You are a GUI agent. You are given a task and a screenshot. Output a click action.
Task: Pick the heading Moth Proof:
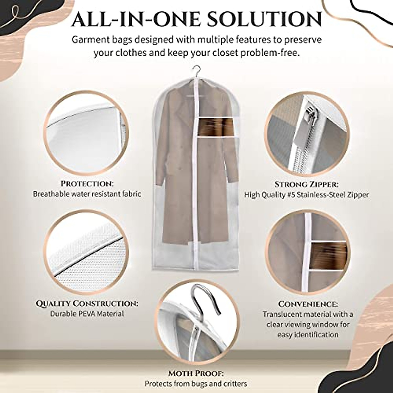tap(196, 373)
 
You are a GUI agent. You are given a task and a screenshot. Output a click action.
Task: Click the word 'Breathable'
tap(49, 194)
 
